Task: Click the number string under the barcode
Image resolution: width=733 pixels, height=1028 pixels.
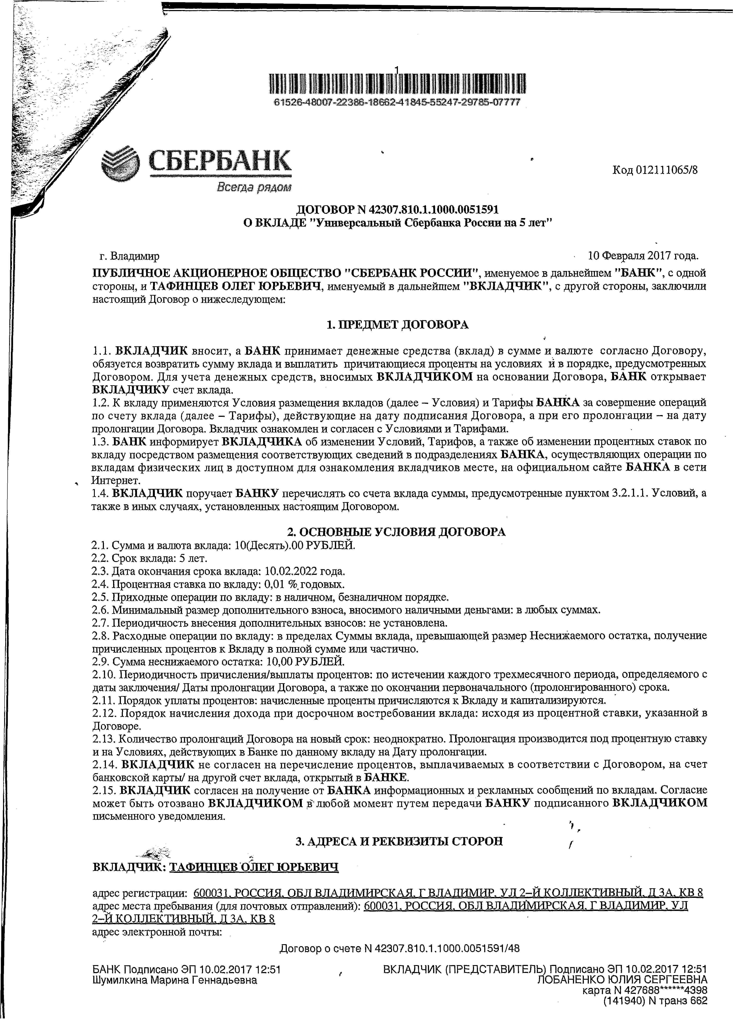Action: pyautogui.click(x=397, y=103)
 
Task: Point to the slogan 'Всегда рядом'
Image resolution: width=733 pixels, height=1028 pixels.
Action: pyautogui.click(x=254, y=187)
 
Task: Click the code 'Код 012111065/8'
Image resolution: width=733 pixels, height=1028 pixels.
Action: pyautogui.click(x=655, y=170)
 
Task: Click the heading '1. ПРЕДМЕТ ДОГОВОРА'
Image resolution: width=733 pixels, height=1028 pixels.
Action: pyautogui.click(x=397, y=325)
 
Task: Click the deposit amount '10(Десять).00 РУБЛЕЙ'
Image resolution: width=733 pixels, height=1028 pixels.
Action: pyautogui.click(x=295, y=545)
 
